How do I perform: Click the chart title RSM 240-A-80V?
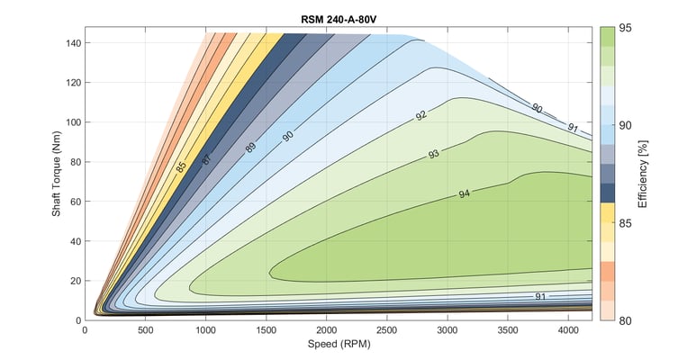click(x=339, y=18)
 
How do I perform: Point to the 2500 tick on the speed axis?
click(x=387, y=331)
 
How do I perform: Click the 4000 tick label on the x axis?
click(x=568, y=331)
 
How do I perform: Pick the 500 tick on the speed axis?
click(x=146, y=331)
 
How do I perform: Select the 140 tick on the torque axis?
click(x=71, y=43)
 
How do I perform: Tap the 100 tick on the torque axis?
click(x=71, y=122)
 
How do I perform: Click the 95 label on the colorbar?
click(x=626, y=28)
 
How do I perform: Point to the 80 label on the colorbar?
click(x=626, y=319)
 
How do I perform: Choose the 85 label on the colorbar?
click(x=626, y=222)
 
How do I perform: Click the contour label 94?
click(x=465, y=193)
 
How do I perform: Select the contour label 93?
click(x=434, y=154)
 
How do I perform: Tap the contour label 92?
click(x=421, y=117)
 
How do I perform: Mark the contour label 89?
click(x=251, y=147)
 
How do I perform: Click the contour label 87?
click(x=206, y=158)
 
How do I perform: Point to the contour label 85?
click(x=182, y=167)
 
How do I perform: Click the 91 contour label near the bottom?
click(x=540, y=296)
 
